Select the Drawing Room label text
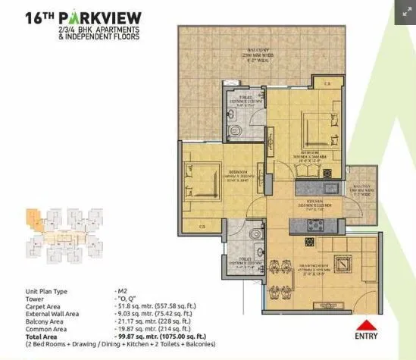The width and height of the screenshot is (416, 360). click(314, 267)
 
